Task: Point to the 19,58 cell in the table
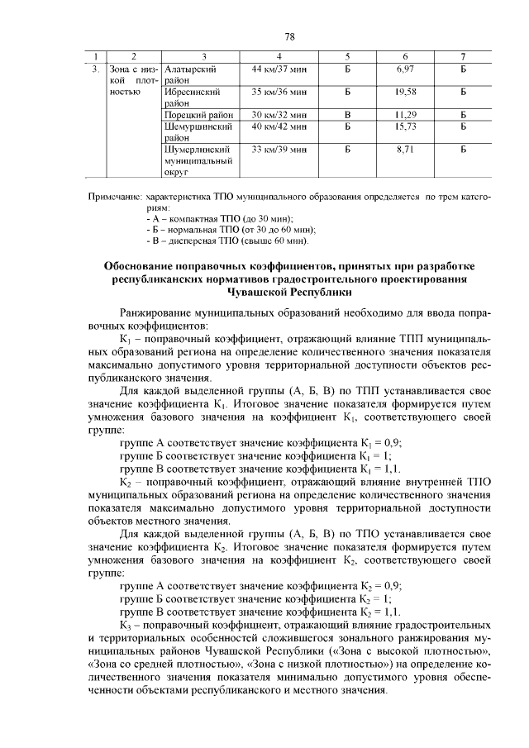[x=404, y=90]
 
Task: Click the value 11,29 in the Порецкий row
[x=404, y=114]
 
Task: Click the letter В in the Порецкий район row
[x=347, y=114]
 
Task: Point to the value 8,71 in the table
[x=404, y=150]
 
